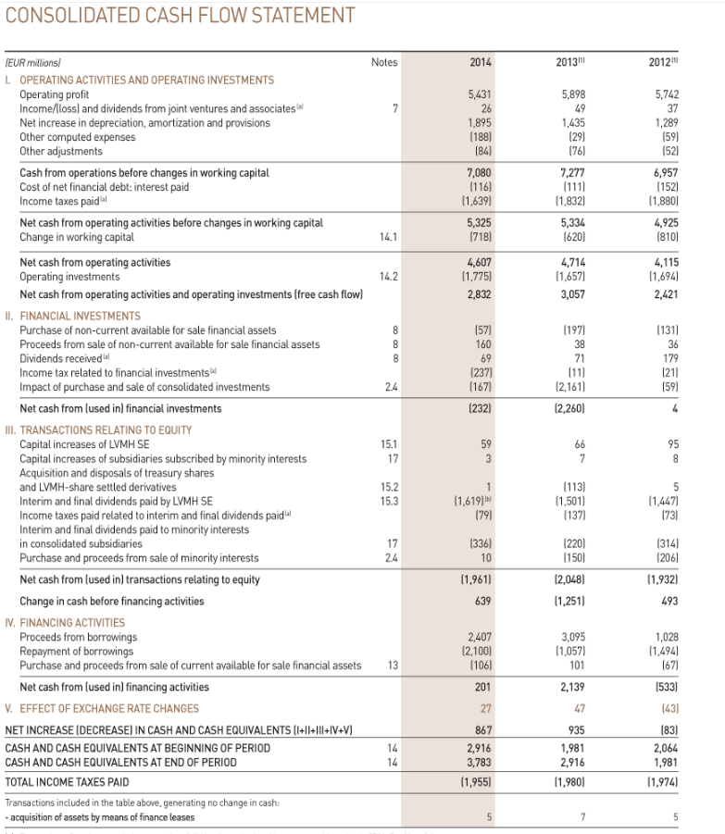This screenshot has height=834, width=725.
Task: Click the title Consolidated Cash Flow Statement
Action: [x=181, y=16]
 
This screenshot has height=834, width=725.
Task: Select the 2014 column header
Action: [x=480, y=62]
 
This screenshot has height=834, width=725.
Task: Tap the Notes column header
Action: [x=383, y=62]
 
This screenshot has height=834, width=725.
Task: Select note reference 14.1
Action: [x=388, y=237]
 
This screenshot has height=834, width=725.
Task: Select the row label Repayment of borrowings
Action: [x=81, y=652]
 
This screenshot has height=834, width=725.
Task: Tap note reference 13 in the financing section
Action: [x=393, y=666]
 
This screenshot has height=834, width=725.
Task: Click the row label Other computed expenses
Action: [x=78, y=137]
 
